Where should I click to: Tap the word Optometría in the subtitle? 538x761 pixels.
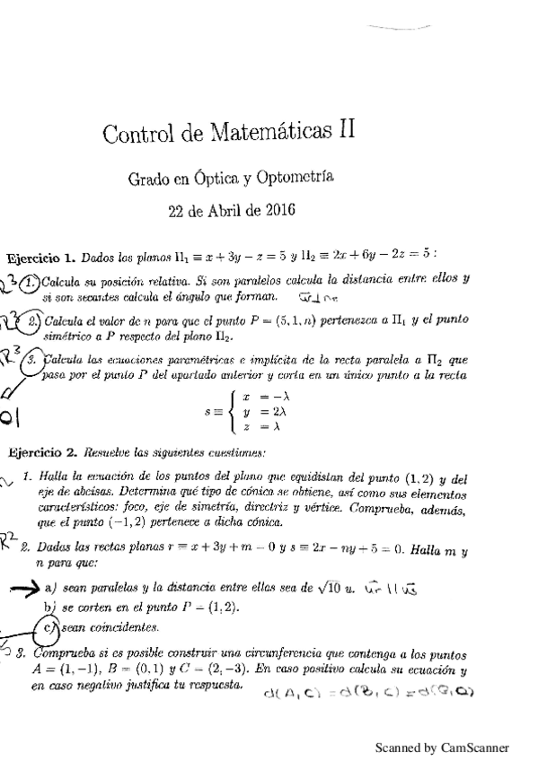click(x=295, y=178)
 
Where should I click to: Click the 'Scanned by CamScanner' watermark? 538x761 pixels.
click(x=441, y=747)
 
